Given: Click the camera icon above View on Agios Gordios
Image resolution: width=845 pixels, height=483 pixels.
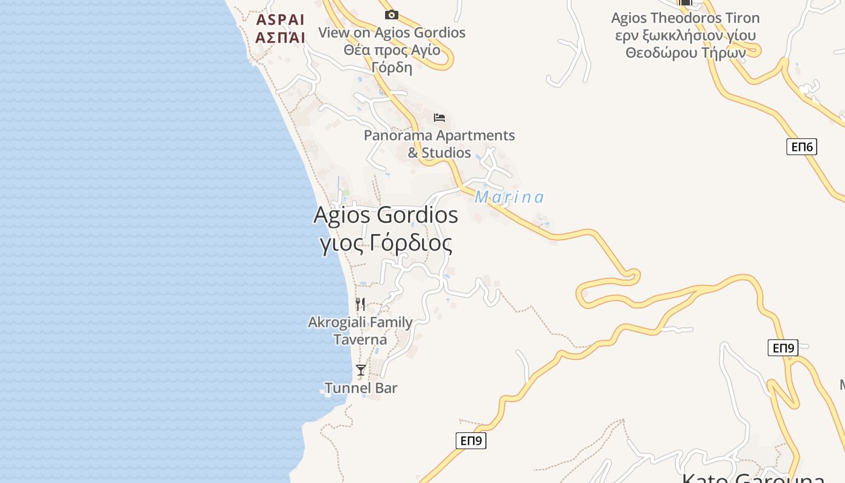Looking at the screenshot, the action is click(392, 14).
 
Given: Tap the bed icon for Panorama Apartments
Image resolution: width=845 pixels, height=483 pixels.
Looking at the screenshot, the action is click(439, 117).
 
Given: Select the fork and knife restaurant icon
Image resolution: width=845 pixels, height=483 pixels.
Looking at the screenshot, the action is click(360, 304).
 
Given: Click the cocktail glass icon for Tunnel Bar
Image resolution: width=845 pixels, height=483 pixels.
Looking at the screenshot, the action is click(361, 369).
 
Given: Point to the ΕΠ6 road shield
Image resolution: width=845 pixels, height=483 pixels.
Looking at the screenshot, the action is click(802, 147).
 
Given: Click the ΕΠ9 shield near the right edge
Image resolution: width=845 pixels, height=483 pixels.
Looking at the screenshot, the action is click(783, 348).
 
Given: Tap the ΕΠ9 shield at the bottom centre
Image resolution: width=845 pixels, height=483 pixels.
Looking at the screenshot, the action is click(471, 441).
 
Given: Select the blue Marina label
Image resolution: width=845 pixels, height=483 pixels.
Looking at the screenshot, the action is click(509, 197).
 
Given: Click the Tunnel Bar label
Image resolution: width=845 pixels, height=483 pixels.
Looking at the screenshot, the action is click(361, 388).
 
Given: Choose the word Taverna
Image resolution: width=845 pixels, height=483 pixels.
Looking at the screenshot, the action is click(360, 340).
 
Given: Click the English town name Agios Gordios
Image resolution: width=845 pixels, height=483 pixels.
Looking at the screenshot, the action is click(386, 215).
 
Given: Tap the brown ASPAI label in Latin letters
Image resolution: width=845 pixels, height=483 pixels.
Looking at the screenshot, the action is click(281, 20).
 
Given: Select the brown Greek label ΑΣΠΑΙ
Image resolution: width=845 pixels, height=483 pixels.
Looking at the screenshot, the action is click(280, 37).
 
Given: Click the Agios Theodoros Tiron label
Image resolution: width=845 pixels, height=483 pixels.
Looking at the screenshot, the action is click(685, 18).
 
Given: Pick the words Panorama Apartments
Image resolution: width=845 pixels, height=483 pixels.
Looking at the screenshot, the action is click(439, 135).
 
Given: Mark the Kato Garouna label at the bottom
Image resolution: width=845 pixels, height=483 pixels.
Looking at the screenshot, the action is click(753, 479).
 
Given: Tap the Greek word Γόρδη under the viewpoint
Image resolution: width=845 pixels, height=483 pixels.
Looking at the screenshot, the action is click(392, 67).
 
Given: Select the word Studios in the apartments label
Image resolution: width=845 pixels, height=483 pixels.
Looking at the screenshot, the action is click(447, 153).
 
